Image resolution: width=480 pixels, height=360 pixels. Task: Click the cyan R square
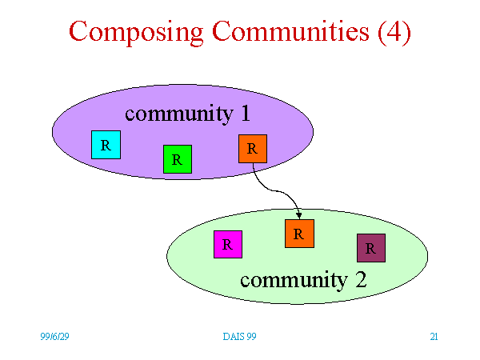coord(106,145)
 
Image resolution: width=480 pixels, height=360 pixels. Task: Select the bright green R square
coord(178,159)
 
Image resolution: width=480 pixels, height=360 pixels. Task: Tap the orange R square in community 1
coord(253,149)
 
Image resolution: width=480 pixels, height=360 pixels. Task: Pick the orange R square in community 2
coord(299,234)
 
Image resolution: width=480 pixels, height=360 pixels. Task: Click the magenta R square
coord(228,244)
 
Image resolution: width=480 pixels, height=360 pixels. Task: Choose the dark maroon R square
coord(371,248)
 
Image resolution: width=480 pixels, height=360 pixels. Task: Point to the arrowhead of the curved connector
coord(299,216)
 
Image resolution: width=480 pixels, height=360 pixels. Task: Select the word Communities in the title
coord(291,30)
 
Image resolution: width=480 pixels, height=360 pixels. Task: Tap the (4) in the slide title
coord(394,32)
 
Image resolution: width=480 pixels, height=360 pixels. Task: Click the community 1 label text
coord(188,114)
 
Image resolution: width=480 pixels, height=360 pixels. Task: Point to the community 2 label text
coord(303,280)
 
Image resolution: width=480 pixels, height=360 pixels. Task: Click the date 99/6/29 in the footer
coord(54,337)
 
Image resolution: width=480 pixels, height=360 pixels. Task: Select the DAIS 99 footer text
coord(239,337)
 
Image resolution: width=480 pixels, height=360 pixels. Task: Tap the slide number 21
coord(434,337)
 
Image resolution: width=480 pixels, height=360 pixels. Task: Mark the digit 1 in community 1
coord(246,113)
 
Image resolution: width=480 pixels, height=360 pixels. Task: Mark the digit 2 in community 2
coord(362,279)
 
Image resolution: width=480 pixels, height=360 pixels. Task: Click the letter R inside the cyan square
coord(106,145)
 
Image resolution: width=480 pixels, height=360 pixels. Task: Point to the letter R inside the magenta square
coord(227,245)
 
